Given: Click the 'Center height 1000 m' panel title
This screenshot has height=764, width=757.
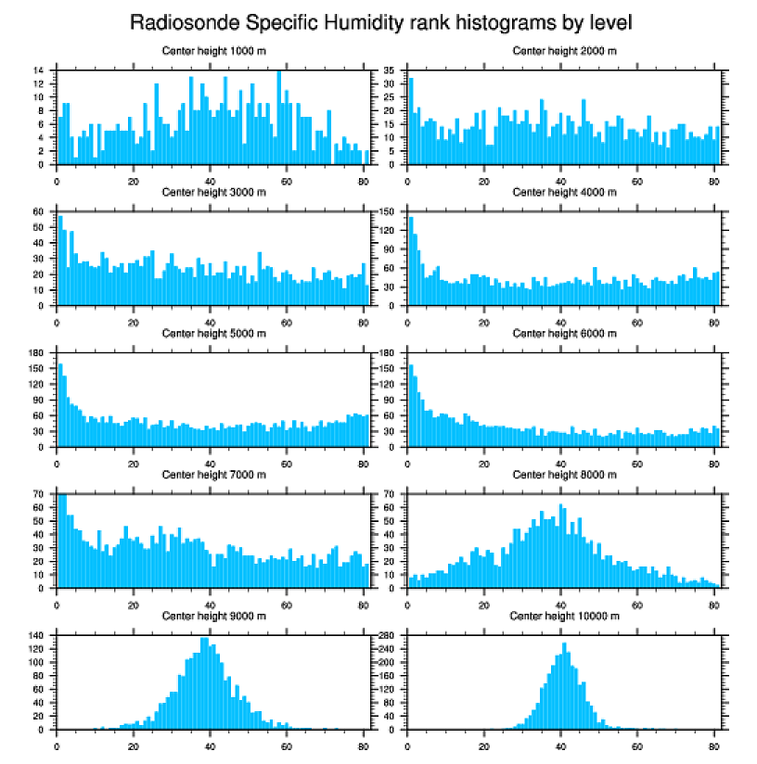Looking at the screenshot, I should pyautogui.click(x=214, y=51).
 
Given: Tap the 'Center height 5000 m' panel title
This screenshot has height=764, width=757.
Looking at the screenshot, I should pyautogui.click(x=214, y=333).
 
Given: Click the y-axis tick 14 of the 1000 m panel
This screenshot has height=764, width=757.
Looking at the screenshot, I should pyautogui.click(x=40, y=70).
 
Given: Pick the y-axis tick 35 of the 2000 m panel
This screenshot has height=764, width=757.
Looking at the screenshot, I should pyautogui.click(x=390, y=70).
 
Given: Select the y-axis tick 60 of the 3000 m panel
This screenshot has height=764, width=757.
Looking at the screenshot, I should pyautogui.click(x=40, y=211).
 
